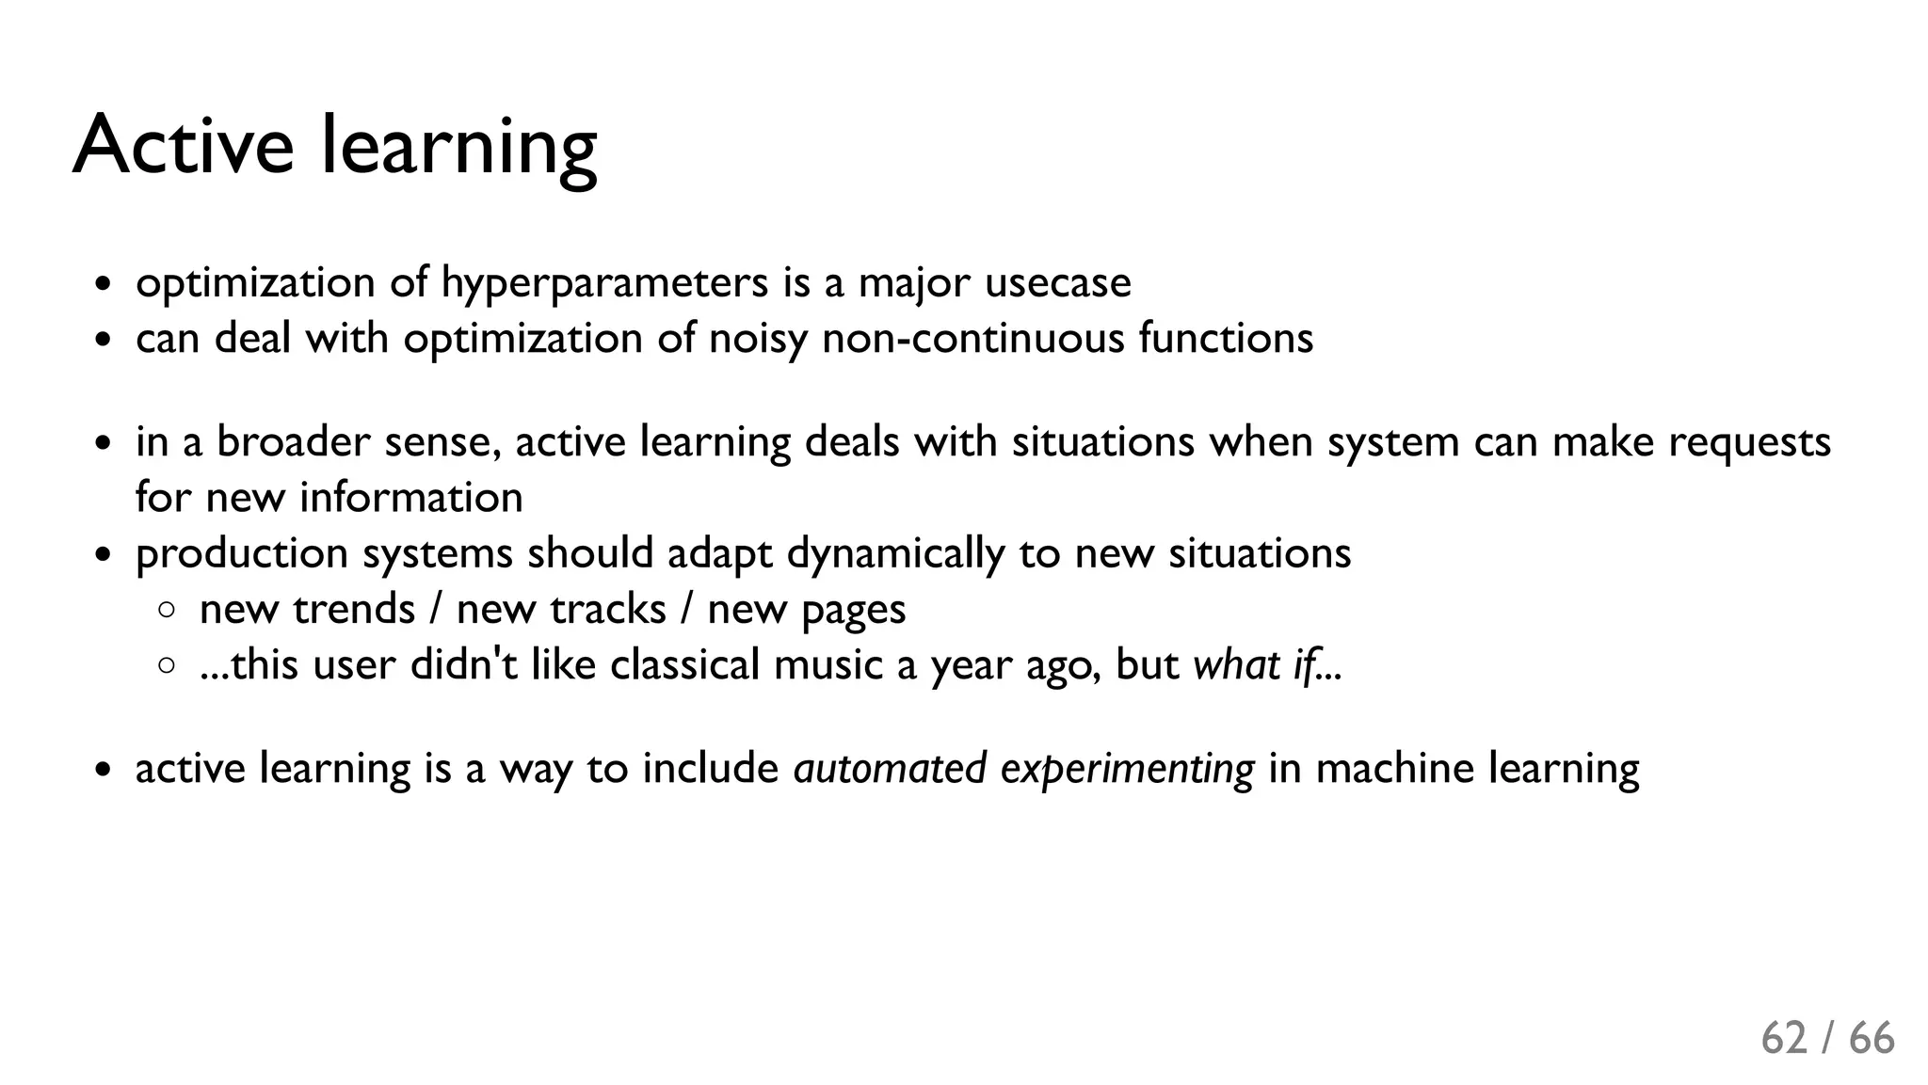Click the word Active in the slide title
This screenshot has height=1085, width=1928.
(x=183, y=146)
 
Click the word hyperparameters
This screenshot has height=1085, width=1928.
(x=604, y=282)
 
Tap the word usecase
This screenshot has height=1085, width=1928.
(x=1057, y=282)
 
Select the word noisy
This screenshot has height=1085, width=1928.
(x=758, y=338)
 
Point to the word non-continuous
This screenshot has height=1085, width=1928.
(x=972, y=338)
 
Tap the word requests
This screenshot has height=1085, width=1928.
(x=1749, y=441)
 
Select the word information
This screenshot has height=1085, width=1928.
(x=410, y=497)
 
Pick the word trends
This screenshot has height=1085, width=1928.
(x=354, y=609)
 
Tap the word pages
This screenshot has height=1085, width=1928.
(x=853, y=611)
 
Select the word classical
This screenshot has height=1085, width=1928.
(x=684, y=664)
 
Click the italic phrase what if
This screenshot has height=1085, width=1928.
(x=1254, y=664)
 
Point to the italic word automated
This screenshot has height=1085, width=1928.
(x=890, y=768)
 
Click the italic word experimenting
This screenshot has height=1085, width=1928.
(x=1127, y=768)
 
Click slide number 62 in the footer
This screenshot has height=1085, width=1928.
(x=1784, y=1038)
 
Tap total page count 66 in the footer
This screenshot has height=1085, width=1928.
(x=1872, y=1038)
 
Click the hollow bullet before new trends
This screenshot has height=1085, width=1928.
(x=167, y=611)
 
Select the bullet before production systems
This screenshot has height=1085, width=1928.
(x=104, y=555)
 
